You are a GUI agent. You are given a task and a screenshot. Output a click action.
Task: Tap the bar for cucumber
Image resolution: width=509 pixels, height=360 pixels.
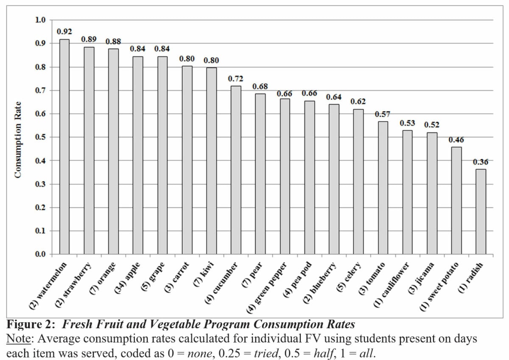[235, 170]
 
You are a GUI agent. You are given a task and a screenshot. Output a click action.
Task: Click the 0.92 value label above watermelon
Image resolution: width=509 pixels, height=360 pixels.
[64, 31]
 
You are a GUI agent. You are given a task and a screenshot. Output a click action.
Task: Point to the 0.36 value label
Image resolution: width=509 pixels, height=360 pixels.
[481, 162]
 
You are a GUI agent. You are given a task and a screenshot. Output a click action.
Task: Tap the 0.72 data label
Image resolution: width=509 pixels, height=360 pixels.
[235, 79]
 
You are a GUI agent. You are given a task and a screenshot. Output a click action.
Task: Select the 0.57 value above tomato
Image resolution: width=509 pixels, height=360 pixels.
[383, 114]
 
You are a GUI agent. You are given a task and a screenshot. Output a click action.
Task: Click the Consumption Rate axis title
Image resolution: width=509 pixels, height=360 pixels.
[18, 139]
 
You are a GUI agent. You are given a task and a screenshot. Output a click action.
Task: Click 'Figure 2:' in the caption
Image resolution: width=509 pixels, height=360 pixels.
[32, 325]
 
